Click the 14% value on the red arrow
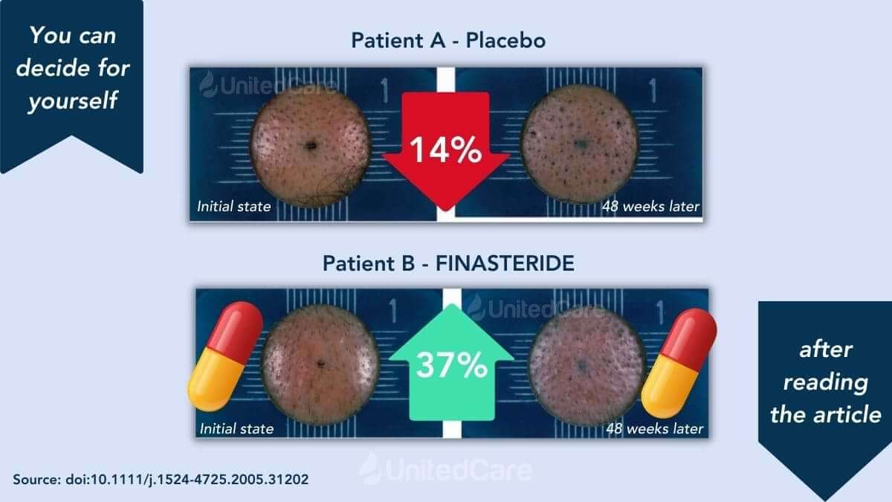tap(445, 149)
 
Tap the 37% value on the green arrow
tap(452, 364)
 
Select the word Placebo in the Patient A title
tap(505, 41)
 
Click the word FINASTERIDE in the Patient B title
tap(505, 263)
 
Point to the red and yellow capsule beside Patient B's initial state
tap(225, 356)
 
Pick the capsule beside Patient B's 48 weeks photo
tap(679, 363)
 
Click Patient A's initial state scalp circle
tap(310, 147)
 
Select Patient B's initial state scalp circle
tap(320, 364)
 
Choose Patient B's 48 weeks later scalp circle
tap(586, 366)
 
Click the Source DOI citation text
tap(161, 479)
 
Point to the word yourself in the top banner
tap(74, 100)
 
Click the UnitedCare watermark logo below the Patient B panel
tap(445, 469)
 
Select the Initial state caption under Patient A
tap(233, 207)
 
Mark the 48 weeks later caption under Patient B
tap(655, 428)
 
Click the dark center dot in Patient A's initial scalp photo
tap(310, 146)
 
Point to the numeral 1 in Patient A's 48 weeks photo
tap(653, 90)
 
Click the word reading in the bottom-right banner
tap(826, 383)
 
